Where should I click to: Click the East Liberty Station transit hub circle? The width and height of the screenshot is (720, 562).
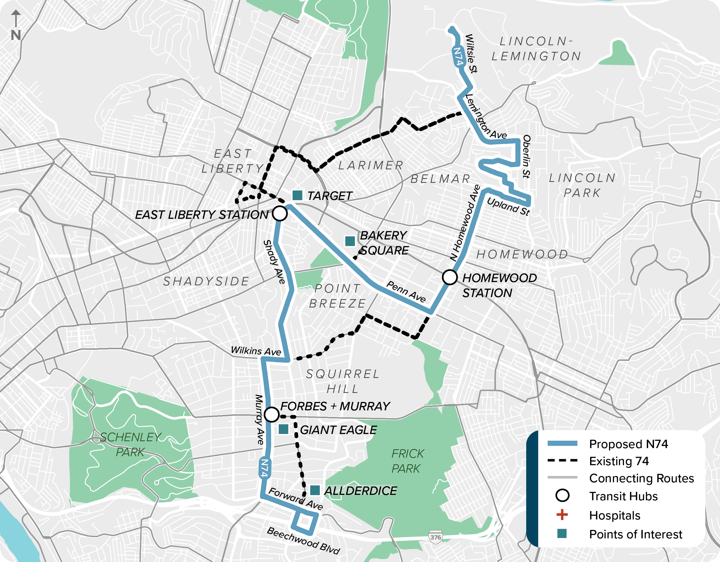[280, 213]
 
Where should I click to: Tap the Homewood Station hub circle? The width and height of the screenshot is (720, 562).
[449, 277]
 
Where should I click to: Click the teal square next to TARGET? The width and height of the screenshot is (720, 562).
[297, 195]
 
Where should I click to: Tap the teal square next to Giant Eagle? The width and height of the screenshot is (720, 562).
[283, 429]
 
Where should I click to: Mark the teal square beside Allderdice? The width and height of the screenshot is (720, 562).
[315, 490]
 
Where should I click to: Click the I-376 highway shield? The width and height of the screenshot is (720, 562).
[435, 537]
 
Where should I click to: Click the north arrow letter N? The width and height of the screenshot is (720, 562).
[16, 35]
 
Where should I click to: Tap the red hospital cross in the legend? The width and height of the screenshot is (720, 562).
[562, 515]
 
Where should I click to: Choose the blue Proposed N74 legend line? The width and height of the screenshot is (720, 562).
[562, 443]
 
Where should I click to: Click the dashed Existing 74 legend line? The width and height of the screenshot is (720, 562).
[562, 460]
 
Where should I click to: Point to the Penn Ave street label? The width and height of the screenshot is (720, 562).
[406, 292]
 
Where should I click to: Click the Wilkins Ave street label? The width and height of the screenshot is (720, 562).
[256, 351]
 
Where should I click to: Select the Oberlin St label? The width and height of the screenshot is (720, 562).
[526, 156]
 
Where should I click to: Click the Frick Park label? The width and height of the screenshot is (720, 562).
[407, 461]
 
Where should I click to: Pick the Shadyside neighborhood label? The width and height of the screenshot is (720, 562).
[206, 281]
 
